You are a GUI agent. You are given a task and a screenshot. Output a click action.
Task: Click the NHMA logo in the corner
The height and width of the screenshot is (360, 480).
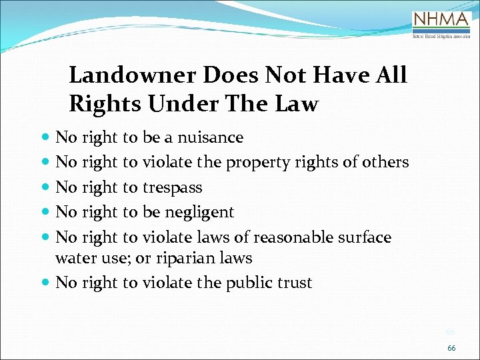[x=441, y=25]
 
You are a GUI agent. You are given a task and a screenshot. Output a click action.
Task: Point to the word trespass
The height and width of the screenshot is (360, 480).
[x=172, y=187]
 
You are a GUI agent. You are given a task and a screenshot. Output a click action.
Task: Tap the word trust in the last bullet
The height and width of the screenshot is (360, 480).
[x=293, y=283]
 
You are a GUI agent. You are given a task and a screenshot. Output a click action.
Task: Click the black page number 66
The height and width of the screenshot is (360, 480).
[x=451, y=348]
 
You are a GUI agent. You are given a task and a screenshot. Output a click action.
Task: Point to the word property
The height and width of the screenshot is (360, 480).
[x=257, y=163]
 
